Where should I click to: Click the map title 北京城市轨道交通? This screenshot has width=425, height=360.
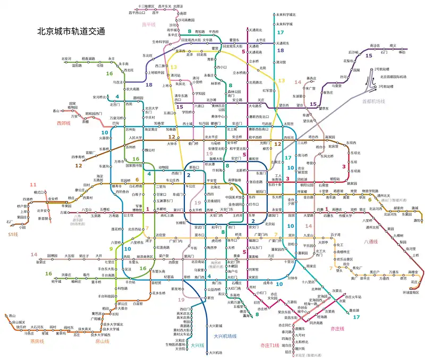[x=70, y=31]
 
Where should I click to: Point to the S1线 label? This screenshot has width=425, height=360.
[x=12, y=232]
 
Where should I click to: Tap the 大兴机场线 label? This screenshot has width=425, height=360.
[x=225, y=336]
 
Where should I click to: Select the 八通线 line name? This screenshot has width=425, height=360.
[x=371, y=241]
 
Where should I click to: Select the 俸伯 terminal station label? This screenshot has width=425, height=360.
[x=402, y=52]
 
